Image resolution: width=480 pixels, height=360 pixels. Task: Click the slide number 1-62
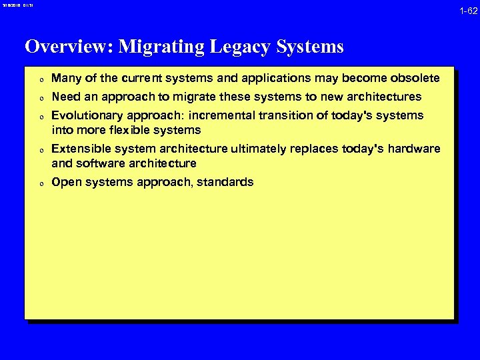point(467,11)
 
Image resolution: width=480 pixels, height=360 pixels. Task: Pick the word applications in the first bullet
point(263,79)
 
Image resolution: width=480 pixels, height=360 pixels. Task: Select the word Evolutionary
point(87,115)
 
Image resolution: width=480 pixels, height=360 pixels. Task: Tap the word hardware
point(415,148)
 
